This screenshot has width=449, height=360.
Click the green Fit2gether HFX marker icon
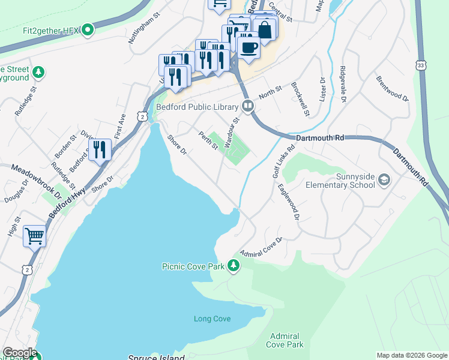tap(88, 29)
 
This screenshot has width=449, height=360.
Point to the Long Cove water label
tap(212, 319)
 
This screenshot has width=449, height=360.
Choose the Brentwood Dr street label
tap(392, 88)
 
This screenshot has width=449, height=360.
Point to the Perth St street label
tap(208, 141)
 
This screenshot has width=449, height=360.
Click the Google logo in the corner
tap(19, 353)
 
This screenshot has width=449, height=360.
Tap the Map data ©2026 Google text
tap(411, 355)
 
